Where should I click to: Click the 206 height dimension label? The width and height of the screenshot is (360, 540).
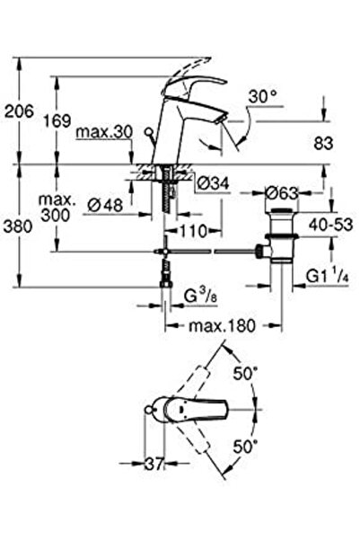pyautogui.click(x=19, y=111)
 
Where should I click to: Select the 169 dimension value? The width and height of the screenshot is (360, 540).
pyautogui.click(x=57, y=120)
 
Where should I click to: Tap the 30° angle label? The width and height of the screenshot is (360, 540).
pyautogui.click(x=263, y=97)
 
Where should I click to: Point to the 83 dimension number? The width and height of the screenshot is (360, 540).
pyautogui.click(x=323, y=143)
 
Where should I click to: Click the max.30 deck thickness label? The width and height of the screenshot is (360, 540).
pyautogui.click(x=104, y=131)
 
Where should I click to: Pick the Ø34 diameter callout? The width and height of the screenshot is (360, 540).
pyautogui.click(x=214, y=183)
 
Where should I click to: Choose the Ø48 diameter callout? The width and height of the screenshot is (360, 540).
pyautogui.click(x=105, y=205)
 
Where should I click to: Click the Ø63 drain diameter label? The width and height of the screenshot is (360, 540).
pyautogui.click(x=282, y=193)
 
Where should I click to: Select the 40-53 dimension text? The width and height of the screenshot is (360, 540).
pyautogui.click(x=330, y=225)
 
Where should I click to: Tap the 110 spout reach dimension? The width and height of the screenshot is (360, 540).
pyautogui.click(x=193, y=231)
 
